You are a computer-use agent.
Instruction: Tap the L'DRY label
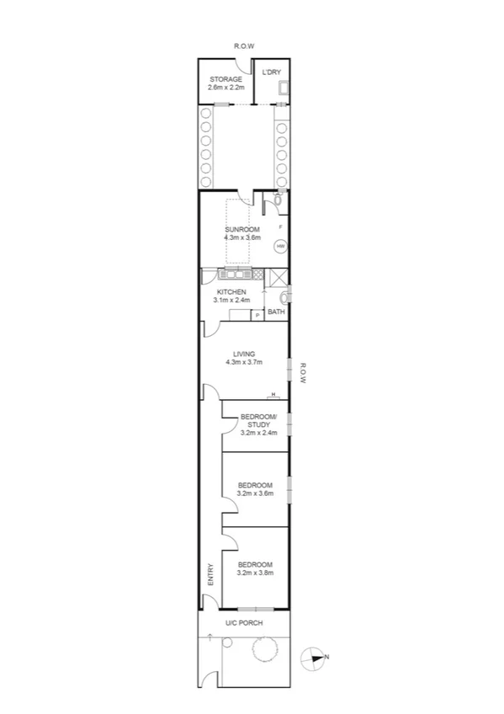[271, 72]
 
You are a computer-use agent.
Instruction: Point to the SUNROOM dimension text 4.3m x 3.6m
[242, 238]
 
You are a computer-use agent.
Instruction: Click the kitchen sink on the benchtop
[239, 274]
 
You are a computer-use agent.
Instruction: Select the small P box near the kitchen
[257, 315]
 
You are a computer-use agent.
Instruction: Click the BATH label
[276, 312]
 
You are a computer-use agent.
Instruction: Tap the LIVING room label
[244, 354]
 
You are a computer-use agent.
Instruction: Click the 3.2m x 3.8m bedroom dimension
[256, 573]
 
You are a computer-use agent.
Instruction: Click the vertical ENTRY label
[210, 574]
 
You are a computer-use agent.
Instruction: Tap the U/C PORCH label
[244, 623]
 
